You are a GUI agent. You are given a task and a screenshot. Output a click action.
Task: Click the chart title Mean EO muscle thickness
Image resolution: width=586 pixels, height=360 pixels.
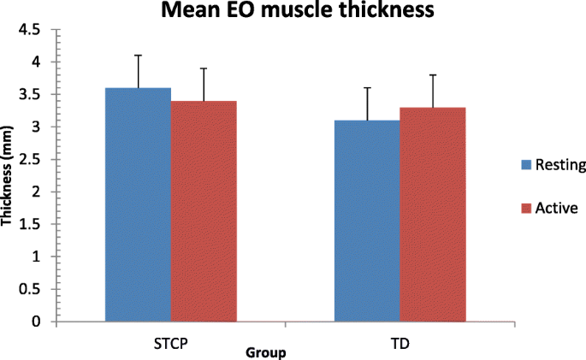(x=292, y=12)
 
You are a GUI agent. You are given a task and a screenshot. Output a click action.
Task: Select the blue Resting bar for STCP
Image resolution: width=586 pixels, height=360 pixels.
(x=138, y=205)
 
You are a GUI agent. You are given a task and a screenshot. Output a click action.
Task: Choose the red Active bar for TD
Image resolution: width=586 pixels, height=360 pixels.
(x=432, y=215)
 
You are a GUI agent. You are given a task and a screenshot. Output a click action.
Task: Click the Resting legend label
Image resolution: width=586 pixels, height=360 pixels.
(x=560, y=166)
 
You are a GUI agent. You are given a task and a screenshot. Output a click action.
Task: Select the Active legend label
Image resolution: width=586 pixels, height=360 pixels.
(x=555, y=208)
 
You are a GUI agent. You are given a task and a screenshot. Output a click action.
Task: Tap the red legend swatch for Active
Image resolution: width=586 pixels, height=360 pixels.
(x=525, y=208)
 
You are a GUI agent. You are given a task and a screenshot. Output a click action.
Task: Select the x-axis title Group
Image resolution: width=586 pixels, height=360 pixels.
(x=265, y=352)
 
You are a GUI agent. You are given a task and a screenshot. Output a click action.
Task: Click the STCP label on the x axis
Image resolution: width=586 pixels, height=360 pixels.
(x=169, y=340)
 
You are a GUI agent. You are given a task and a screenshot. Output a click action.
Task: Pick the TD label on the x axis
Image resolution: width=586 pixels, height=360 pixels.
(x=399, y=340)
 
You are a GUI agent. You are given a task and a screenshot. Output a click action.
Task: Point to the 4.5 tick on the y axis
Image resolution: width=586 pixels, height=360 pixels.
(x=32, y=30)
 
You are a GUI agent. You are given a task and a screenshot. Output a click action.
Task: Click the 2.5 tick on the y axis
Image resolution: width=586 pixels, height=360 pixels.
(x=32, y=159)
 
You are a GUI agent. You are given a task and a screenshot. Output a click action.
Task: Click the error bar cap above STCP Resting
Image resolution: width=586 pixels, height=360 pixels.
(x=138, y=56)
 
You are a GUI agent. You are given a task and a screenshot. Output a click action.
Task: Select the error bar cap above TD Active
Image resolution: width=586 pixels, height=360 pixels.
(x=432, y=75)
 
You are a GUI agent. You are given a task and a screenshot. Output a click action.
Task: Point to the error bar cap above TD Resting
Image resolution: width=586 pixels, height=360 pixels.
(x=366, y=88)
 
